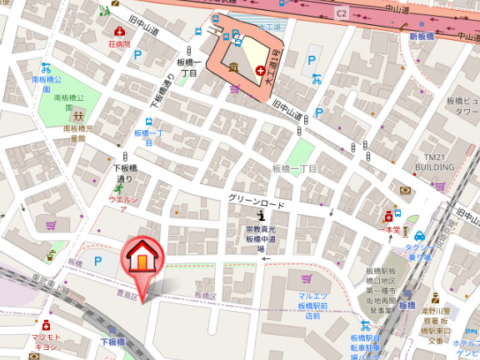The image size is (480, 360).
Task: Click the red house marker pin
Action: (x=142, y=259)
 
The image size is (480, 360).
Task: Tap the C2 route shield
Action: (x=342, y=13)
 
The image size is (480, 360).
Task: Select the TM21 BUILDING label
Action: (x=436, y=162)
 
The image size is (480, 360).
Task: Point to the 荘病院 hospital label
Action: (x=119, y=43)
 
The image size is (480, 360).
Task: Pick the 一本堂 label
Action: (x=390, y=228)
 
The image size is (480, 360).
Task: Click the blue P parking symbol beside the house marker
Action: (x=98, y=261)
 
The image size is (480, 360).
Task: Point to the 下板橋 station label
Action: (x=112, y=342)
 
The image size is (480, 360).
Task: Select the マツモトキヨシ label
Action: (x=46, y=341)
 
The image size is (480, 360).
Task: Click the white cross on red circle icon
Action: (x=262, y=70)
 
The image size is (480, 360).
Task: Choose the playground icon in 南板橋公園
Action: (x=77, y=116)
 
